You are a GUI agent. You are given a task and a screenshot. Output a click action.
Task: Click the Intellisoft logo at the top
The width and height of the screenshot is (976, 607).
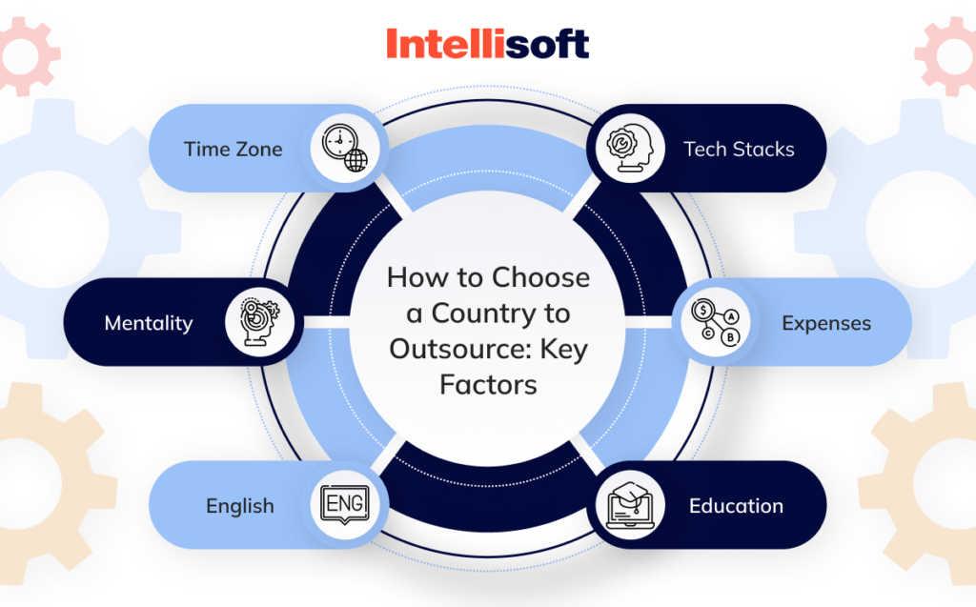click(487, 44)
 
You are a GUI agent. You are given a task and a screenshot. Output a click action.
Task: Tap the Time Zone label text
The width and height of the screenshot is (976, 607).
click(234, 149)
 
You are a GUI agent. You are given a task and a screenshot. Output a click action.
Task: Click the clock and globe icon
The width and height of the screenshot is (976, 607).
click(345, 149)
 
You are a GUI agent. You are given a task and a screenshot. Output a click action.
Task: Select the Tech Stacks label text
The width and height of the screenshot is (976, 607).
click(739, 149)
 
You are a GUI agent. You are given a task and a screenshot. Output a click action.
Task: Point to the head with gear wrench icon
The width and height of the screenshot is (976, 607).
click(629, 149)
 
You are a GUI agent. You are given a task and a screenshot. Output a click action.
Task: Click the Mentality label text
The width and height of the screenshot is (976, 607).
click(148, 322)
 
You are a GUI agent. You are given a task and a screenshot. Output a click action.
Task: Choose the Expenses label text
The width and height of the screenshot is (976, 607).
click(826, 323)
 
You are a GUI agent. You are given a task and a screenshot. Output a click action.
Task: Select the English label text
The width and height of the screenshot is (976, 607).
click(240, 506)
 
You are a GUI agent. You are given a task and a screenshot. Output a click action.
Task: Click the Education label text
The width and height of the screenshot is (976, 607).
click(736, 506)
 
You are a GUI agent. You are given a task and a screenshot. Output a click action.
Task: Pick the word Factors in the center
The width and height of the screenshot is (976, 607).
click(488, 384)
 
